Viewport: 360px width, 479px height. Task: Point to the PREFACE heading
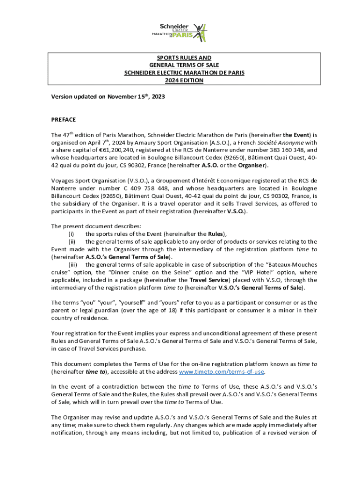(x=64, y=120)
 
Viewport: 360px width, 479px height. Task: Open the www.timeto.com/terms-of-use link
(x=222, y=371)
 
